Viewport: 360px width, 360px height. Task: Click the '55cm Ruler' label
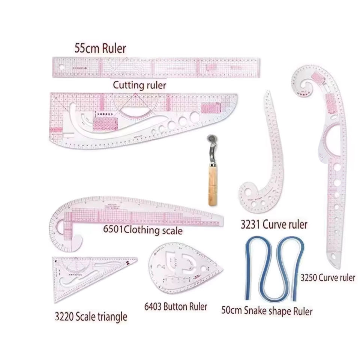pyautogui.click(x=99, y=48)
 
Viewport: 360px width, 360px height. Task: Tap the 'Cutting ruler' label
pyautogui.click(x=139, y=85)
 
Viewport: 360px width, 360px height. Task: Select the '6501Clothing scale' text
pyautogui.click(x=142, y=229)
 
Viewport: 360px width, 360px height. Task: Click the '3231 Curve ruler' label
pyautogui.click(x=274, y=225)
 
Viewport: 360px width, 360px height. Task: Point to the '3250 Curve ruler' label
pyautogui.click(x=328, y=278)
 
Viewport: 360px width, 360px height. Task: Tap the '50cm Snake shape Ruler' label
pyautogui.click(x=267, y=310)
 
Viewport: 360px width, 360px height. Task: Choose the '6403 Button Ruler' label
pyautogui.click(x=175, y=307)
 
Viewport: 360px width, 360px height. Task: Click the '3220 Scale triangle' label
pyautogui.click(x=91, y=316)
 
